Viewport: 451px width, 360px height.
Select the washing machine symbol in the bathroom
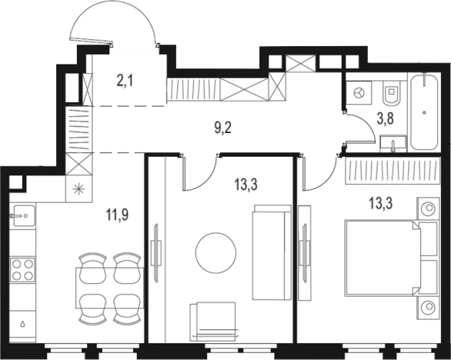click(359, 92)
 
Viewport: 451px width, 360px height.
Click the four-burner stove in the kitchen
click(21, 270)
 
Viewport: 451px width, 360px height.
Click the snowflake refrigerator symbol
click(78, 188)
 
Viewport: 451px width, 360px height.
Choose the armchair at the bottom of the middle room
click(212, 318)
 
